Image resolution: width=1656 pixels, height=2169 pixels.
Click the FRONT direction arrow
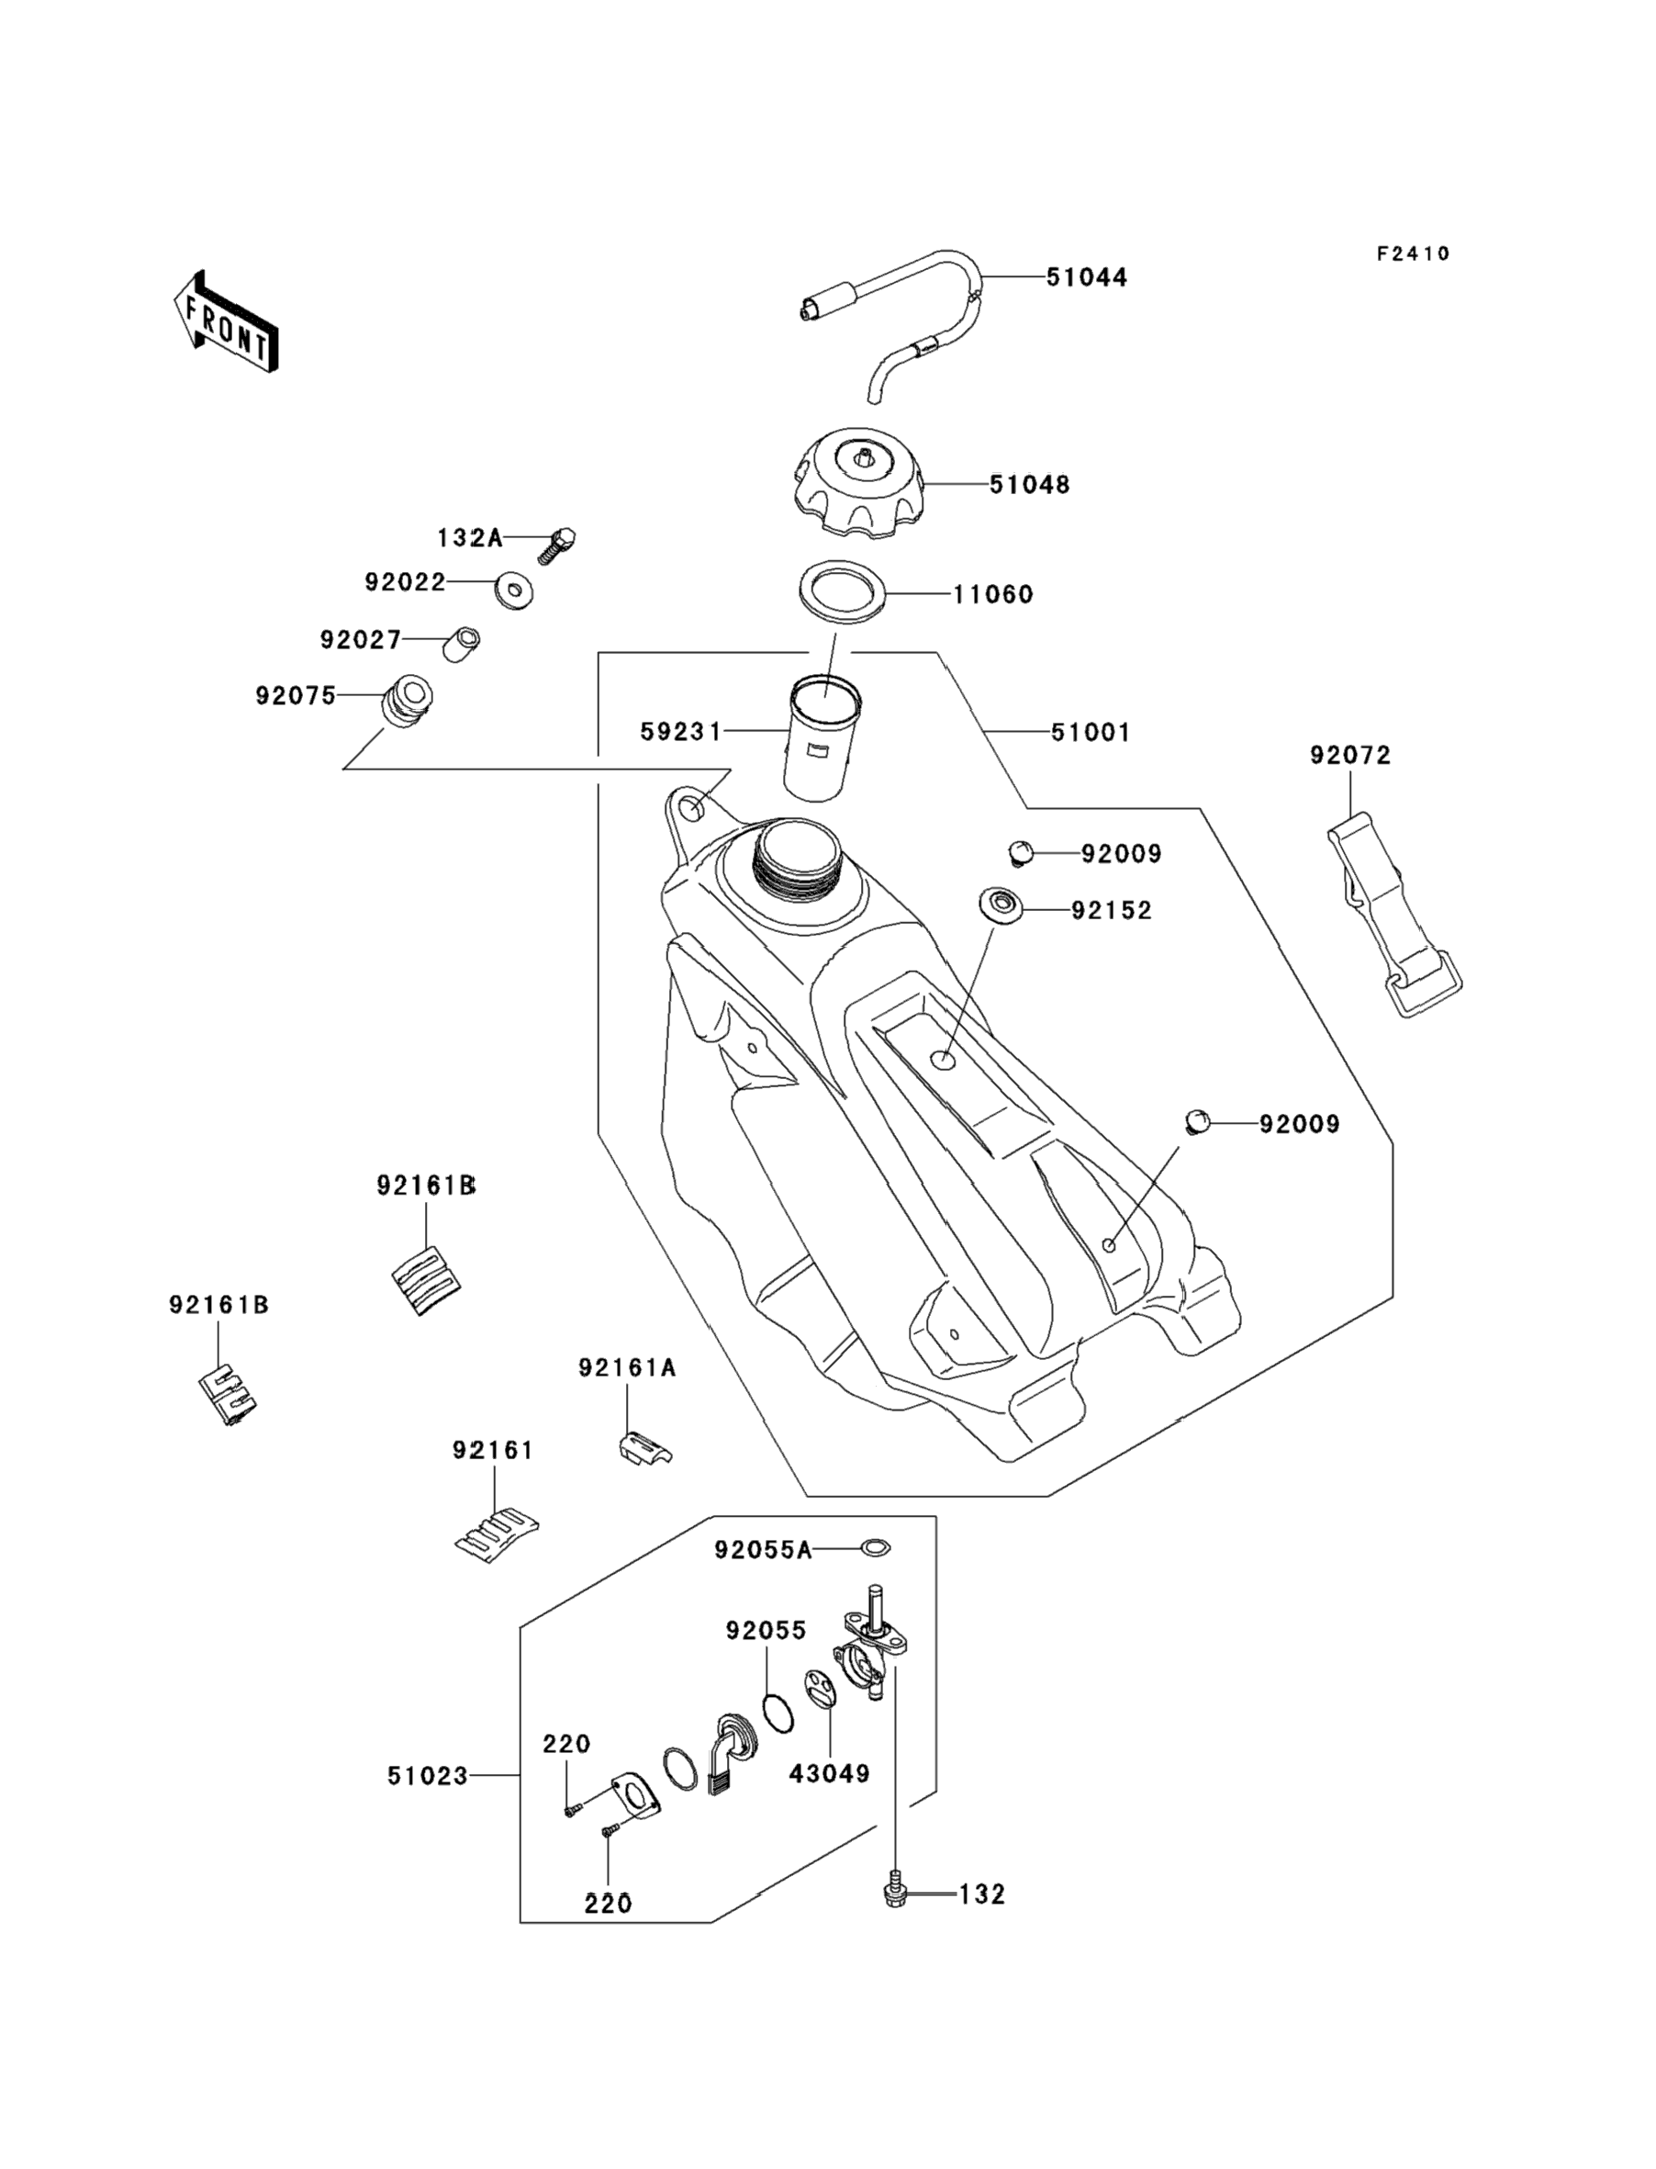[x=226, y=322]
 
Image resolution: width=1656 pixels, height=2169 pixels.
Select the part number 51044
[x=1086, y=278]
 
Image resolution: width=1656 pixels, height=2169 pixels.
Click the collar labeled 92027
[x=460, y=644]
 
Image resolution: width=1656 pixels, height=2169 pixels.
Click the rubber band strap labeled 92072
[x=1393, y=912]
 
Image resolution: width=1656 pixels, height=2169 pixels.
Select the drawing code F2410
[x=1413, y=254]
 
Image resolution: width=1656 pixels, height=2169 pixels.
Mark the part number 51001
[x=1091, y=733]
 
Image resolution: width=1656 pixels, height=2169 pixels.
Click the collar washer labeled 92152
[x=1000, y=905]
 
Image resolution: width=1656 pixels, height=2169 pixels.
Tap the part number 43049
[x=829, y=1773]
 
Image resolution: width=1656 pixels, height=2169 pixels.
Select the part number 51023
[x=427, y=1777]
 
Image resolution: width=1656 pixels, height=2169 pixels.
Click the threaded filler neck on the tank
[x=798, y=852]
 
